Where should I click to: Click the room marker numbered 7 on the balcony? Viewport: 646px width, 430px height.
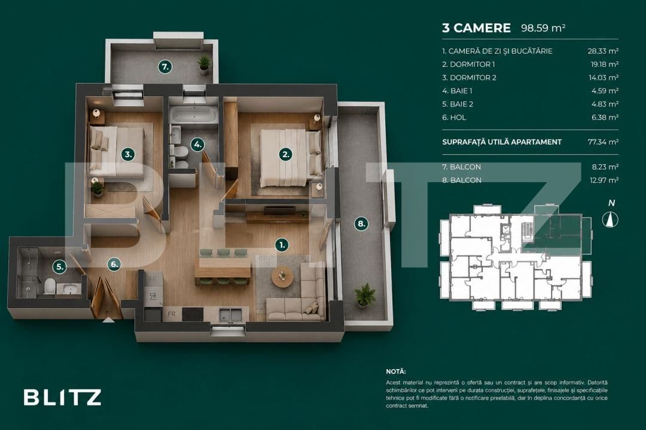point(165,66)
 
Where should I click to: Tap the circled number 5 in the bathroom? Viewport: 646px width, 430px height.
point(60,266)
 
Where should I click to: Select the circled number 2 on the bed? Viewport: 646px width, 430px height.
point(285,154)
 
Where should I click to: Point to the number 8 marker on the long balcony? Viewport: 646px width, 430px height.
point(361,223)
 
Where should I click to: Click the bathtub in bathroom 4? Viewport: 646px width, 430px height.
point(194,115)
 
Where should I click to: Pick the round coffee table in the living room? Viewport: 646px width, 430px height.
point(282,277)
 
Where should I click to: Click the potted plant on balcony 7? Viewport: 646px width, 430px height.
point(204,64)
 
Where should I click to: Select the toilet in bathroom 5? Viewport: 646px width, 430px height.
point(50,286)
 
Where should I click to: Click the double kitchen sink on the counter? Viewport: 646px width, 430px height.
point(230,315)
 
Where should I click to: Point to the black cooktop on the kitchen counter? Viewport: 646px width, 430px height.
point(193,314)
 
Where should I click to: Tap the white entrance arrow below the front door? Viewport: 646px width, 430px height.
point(108,320)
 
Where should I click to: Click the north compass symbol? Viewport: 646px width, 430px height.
point(610,219)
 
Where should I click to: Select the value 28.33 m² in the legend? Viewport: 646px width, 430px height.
point(603,51)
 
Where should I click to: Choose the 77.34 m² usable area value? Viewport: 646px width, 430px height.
point(603,142)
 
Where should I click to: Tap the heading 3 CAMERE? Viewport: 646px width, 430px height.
point(476,28)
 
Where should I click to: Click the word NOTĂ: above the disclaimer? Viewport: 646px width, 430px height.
point(396,371)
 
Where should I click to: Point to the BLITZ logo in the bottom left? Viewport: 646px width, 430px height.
point(63,398)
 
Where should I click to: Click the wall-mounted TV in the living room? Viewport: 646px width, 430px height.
point(279,210)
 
